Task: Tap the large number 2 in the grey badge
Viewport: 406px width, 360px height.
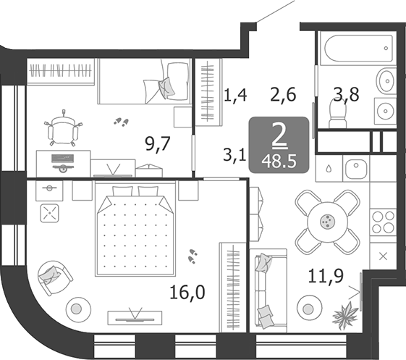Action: point(279,134)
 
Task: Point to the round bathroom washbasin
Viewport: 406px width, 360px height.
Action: point(383,111)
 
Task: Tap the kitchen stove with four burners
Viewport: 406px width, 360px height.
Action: point(383,222)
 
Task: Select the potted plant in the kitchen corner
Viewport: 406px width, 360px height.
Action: point(346,313)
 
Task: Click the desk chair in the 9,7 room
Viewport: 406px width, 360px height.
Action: point(63,130)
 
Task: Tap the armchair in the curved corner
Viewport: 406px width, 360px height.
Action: point(54,277)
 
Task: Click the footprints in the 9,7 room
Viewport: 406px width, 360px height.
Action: point(120,122)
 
